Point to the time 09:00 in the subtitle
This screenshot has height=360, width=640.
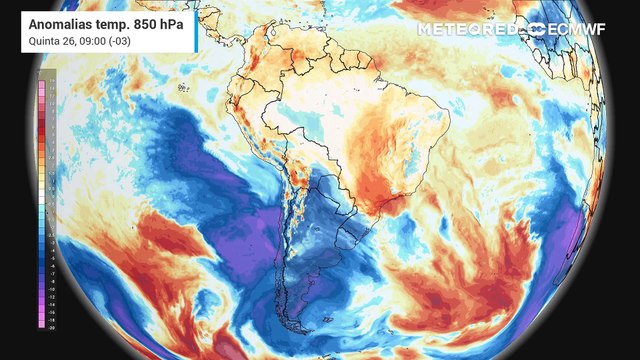pos(97,41)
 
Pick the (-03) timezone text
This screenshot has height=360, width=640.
pos(127,41)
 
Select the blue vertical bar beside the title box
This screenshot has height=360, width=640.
pos(193,30)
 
